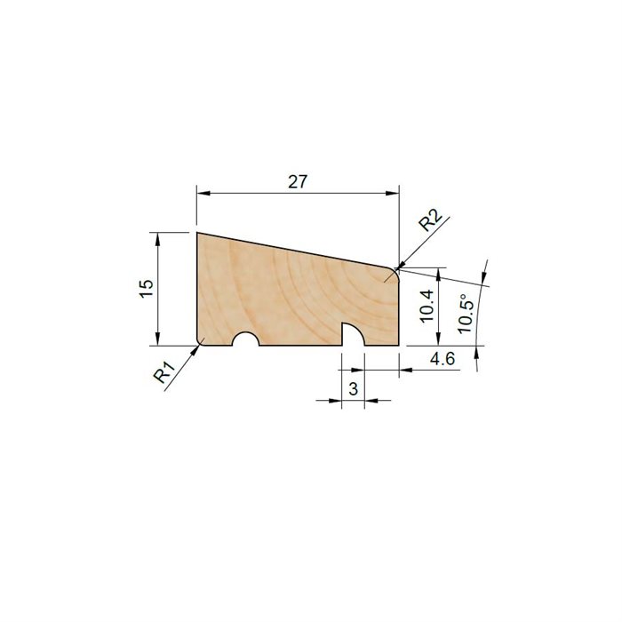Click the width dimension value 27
[297, 181]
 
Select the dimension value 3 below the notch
[353, 388]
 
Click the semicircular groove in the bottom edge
[244, 339]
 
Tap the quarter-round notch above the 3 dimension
[353, 334]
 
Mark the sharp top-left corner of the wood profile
[196, 234]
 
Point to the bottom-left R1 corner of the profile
[198, 343]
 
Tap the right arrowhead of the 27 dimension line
[393, 193]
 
